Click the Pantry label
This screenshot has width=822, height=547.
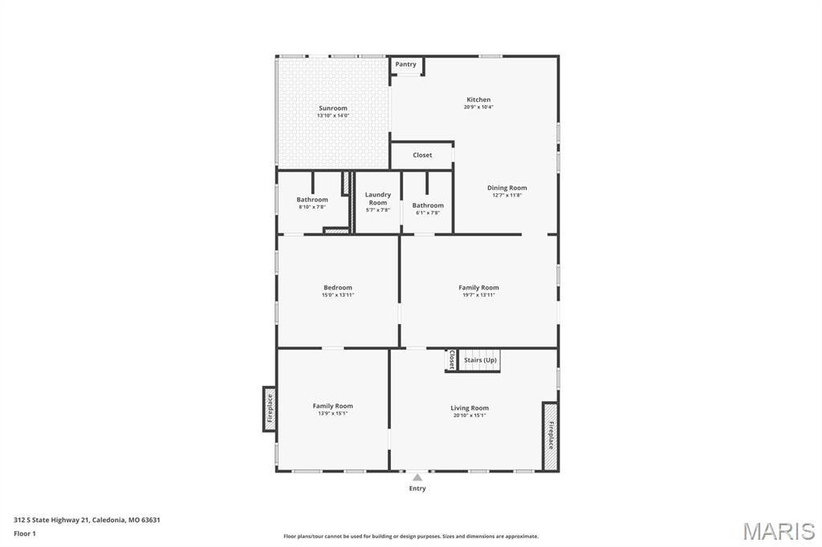pos(405,64)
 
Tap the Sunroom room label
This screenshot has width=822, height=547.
pos(333,108)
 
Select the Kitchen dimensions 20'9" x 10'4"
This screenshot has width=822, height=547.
pos(478,107)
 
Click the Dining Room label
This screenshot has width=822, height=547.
pos(507,188)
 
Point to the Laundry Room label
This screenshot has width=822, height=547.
pos(378,199)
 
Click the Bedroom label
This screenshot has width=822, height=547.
pos(338,287)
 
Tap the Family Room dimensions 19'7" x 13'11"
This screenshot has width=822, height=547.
pos(478,295)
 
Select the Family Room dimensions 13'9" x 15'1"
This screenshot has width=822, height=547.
pos(333,413)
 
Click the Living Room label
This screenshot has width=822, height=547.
pos(470,407)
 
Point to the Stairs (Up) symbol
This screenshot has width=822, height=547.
pos(479,360)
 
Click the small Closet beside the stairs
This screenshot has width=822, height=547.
pos(451,360)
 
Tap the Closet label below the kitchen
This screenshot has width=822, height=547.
pos(422,155)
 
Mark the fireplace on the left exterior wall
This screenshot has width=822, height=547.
pos(270,409)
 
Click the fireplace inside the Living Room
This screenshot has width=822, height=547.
pos(550,436)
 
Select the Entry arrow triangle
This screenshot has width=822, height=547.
pos(417,477)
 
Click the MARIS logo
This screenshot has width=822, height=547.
pos(779,531)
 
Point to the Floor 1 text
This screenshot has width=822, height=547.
pos(25,533)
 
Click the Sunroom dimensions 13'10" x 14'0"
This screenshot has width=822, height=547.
pos(333,115)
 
